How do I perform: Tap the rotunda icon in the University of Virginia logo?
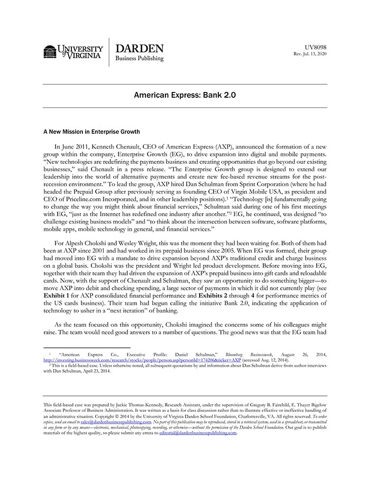pyautogui.click(x=50, y=52)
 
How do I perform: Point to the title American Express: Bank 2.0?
pyautogui.click(x=184, y=96)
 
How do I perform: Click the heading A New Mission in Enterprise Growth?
pyautogui.click(x=91, y=132)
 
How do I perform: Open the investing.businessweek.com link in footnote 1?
pyautogui.click(x=142, y=360)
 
